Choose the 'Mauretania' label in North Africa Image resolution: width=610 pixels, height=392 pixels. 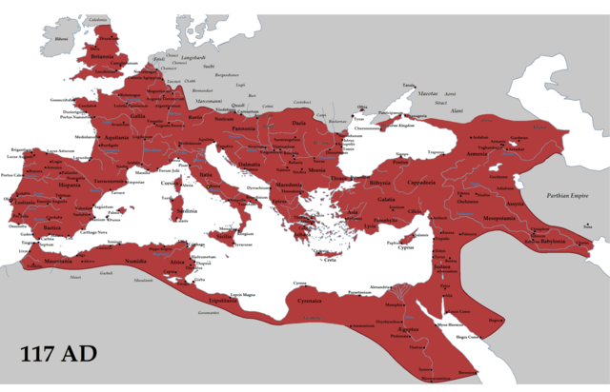[x=48, y=259]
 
